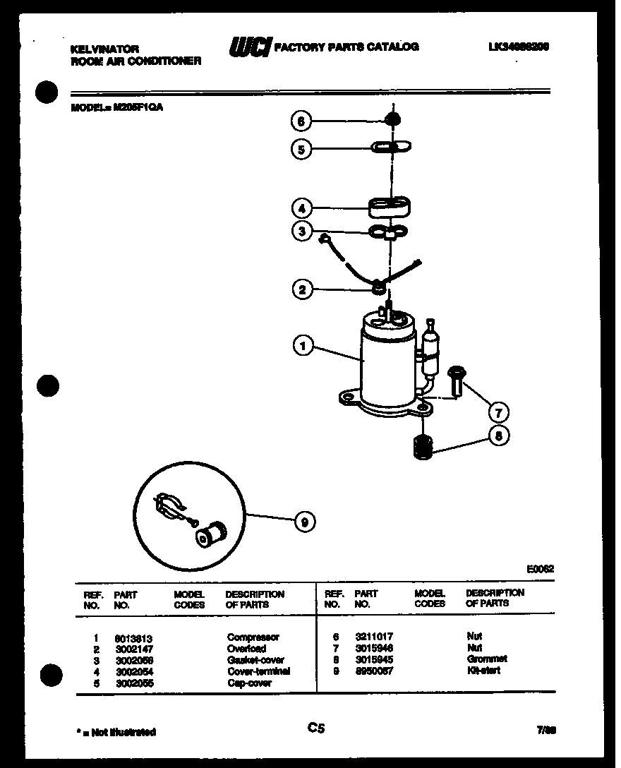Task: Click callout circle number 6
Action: coord(300,121)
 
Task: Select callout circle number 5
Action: coord(300,149)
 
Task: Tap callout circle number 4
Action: coord(301,208)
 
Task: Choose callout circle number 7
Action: coord(499,412)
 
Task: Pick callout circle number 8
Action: coord(499,437)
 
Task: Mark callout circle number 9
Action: coord(304,522)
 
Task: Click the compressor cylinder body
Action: coord(385,367)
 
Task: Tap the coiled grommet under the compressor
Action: coord(422,447)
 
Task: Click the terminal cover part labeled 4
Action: coord(390,207)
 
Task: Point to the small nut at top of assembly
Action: coord(392,118)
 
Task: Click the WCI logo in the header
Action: coord(249,47)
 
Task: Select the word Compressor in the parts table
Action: coord(253,637)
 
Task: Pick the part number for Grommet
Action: coord(373,659)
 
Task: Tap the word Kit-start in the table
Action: coord(483,670)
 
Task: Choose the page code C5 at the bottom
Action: coord(315,728)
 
